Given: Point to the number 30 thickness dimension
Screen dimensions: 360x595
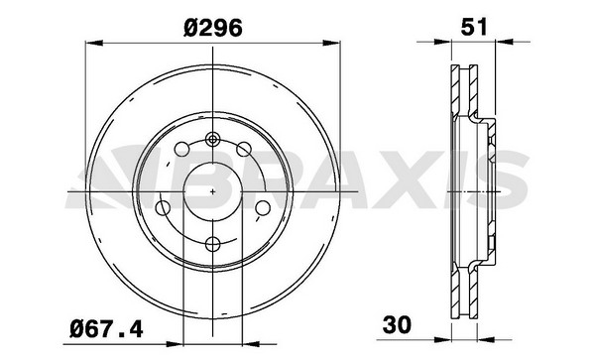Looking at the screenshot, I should (398, 323).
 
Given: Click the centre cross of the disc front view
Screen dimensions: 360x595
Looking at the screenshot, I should (213, 190).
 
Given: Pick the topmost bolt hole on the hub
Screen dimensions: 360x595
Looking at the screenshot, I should (213, 139).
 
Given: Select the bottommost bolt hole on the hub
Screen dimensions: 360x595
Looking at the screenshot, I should (213, 242).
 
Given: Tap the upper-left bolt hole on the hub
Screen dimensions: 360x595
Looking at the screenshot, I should (181, 150).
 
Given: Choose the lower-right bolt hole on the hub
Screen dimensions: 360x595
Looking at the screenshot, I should (262, 208).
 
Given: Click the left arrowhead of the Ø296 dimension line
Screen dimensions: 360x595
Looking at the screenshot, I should (92, 42).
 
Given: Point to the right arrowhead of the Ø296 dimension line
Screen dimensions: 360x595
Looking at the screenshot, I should (334, 42).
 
